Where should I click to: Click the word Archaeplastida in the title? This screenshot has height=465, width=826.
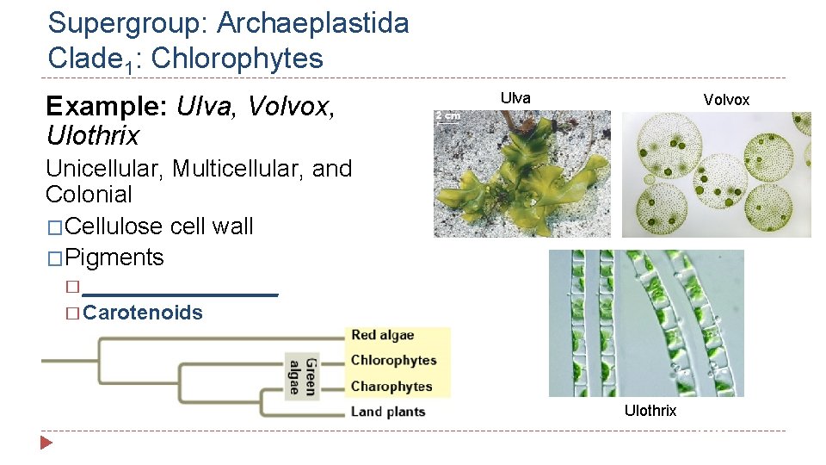[x=312, y=23]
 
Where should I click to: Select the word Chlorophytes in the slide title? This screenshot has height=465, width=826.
[x=237, y=59]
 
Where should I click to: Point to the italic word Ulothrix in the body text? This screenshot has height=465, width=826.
[x=92, y=136]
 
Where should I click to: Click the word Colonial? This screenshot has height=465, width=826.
[x=89, y=195]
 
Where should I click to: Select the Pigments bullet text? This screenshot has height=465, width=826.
[x=114, y=257]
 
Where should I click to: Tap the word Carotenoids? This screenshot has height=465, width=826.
[x=143, y=313]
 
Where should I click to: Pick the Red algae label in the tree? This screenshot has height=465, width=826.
[x=382, y=335]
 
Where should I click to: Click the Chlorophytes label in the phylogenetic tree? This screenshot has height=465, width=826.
[x=393, y=360]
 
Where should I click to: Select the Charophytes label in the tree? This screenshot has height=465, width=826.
[x=391, y=387]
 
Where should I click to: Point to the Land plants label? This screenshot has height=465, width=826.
[x=387, y=412]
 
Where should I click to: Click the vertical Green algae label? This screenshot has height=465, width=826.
[x=302, y=375]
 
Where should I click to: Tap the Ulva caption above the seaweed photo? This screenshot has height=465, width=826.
[x=515, y=98]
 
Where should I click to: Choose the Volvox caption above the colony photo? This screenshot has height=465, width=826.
[x=726, y=100]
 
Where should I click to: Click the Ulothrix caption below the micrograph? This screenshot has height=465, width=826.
[x=650, y=411]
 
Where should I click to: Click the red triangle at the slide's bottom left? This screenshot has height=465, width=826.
[x=46, y=443]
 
